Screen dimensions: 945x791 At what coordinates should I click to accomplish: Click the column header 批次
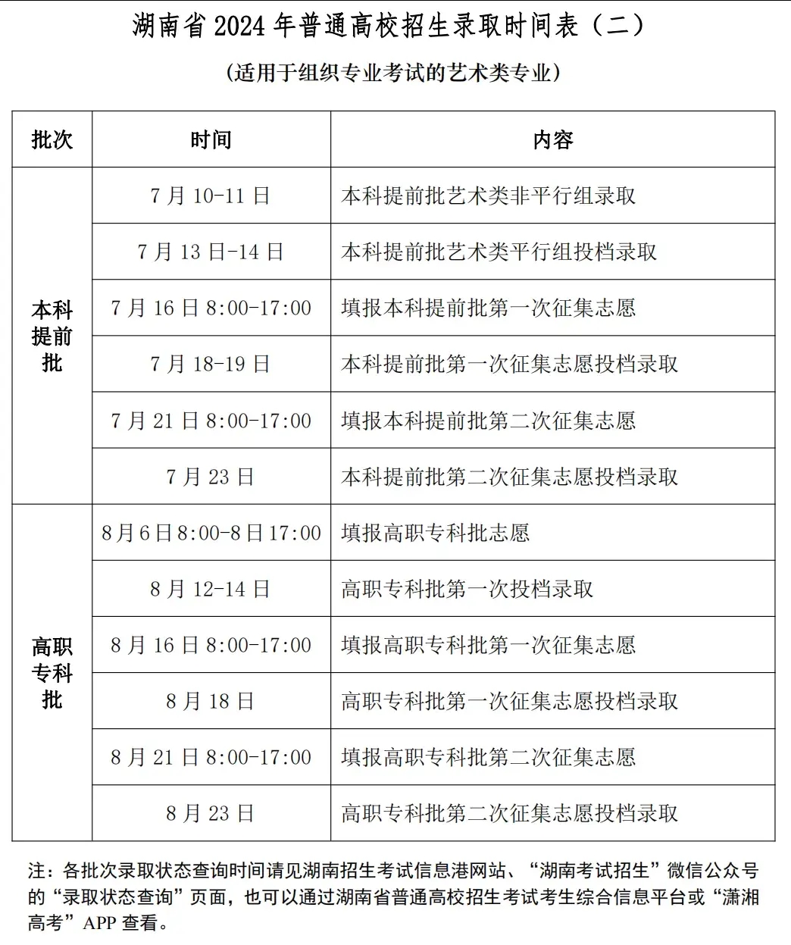pyautogui.click(x=52, y=139)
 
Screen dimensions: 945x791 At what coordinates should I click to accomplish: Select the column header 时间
pyautogui.click(x=211, y=139)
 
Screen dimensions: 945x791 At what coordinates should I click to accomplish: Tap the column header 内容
pyautogui.click(x=553, y=139)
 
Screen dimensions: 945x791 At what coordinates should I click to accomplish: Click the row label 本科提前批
pyautogui.click(x=52, y=336)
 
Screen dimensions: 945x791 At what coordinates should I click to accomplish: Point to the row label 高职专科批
pyautogui.click(x=52, y=672)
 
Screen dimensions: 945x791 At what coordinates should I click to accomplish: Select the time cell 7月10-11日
pyautogui.click(x=211, y=196)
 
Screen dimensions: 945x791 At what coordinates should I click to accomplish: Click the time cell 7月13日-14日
pyautogui.click(x=211, y=252)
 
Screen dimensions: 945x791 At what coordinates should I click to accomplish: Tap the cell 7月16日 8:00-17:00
pyautogui.click(x=211, y=308)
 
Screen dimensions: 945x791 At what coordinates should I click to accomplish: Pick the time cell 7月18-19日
pyautogui.click(x=211, y=364)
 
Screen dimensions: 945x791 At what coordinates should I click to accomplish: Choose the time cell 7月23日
pyautogui.click(x=211, y=477)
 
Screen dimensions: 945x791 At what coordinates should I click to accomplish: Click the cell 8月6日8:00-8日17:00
pyautogui.click(x=211, y=533)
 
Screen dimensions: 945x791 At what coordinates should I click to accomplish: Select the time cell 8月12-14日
pyautogui.click(x=211, y=589)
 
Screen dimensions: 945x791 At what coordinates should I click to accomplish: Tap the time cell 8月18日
pyautogui.click(x=211, y=701)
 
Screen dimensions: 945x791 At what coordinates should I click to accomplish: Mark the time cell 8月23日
pyautogui.click(x=211, y=813)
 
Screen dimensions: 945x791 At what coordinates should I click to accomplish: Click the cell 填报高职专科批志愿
pyautogui.click(x=436, y=533)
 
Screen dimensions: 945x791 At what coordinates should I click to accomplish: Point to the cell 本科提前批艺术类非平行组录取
pyautogui.click(x=489, y=196)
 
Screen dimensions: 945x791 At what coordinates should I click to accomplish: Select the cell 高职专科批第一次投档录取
pyautogui.click(x=467, y=589)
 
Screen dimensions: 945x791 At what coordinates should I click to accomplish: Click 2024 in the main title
pyautogui.click(x=240, y=27)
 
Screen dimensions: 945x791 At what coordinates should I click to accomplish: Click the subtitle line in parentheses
pyautogui.click(x=393, y=73)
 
